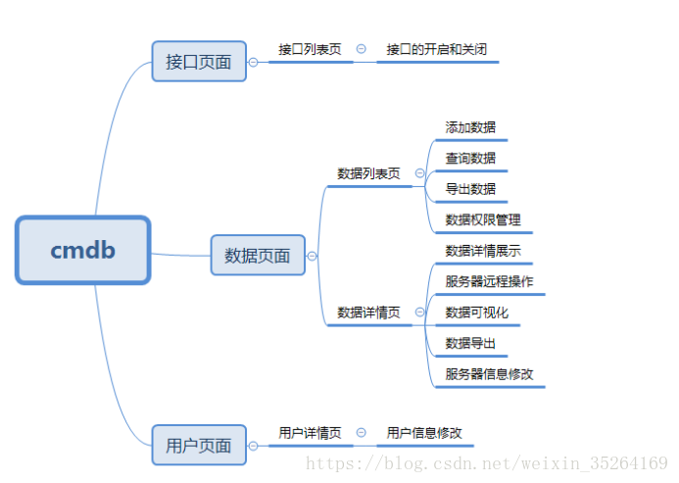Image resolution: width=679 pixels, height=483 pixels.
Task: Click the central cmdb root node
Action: coord(83,251)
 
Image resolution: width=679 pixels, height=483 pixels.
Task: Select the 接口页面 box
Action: coord(199,62)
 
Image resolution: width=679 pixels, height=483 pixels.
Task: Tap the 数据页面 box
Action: coord(258,256)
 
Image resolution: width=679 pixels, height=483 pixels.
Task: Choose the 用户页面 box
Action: coord(199,446)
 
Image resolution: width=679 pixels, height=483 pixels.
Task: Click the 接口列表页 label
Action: coord(310,49)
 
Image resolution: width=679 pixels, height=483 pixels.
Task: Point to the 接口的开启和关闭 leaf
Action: coord(436,49)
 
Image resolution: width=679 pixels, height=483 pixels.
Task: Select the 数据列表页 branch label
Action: coord(368,173)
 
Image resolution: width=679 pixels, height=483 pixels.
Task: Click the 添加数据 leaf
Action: coord(470,127)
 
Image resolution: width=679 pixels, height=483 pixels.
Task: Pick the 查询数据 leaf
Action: coord(470,158)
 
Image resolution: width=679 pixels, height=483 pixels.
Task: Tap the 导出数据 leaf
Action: coord(470,189)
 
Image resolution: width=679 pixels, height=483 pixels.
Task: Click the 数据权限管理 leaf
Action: coord(483,220)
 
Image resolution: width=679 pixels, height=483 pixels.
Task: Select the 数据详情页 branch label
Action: coord(368,313)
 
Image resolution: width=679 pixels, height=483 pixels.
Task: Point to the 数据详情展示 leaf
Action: coord(483,251)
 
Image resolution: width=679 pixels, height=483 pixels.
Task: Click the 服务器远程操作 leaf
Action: coord(489,282)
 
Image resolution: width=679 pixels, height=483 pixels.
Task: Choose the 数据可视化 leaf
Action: coord(477,313)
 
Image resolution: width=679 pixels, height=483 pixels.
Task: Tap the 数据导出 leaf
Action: coord(470,344)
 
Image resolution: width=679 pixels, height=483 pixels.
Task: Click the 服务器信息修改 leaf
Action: coord(489,374)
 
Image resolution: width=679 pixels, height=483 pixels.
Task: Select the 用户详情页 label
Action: coord(310,433)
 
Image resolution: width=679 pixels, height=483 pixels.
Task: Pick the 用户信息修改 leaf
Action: coord(424,433)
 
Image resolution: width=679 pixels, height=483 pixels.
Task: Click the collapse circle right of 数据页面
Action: coord(312,256)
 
